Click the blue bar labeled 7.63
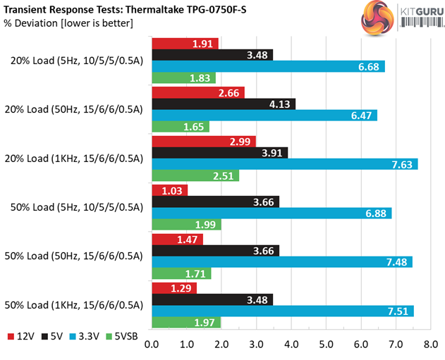285,164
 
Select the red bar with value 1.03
170,190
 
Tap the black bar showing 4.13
224,104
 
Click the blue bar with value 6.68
268,67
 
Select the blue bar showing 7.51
283,311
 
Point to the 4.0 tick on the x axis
291,345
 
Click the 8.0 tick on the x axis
430,345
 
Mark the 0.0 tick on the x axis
152,345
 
